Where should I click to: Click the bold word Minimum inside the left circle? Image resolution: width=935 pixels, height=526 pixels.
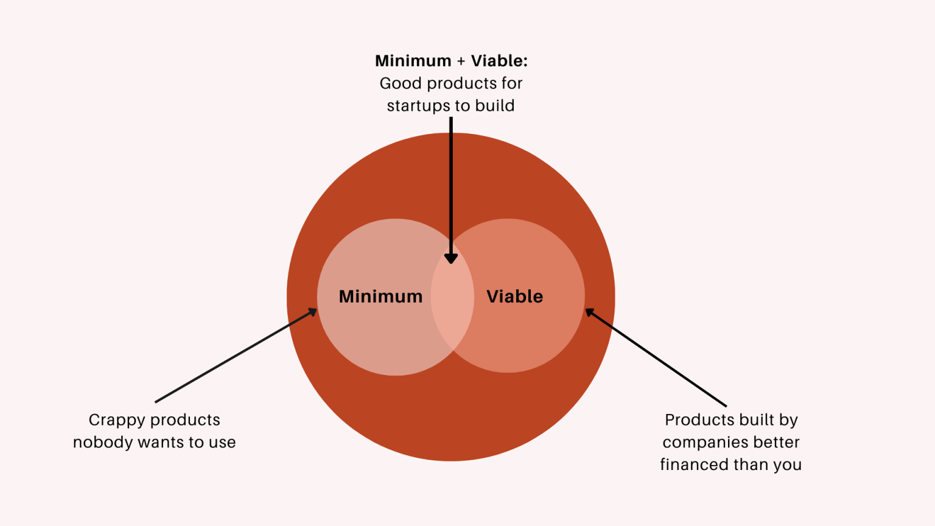point(380,296)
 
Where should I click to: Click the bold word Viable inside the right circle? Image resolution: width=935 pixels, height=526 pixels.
point(514,296)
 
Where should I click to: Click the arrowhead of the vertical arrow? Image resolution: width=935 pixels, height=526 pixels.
point(451,258)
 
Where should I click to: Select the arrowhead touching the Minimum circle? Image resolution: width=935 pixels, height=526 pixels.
point(312,312)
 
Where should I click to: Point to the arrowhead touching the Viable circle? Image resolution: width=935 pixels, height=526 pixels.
point(590,313)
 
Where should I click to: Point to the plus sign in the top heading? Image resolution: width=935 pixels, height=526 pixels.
point(461,61)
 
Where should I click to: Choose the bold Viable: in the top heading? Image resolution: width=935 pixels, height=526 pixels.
point(499,61)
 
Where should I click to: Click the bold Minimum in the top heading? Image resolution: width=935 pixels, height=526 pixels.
point(413,61)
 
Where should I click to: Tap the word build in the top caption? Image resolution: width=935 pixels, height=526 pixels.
point(495,106)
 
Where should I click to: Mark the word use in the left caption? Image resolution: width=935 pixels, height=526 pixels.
point(222,443)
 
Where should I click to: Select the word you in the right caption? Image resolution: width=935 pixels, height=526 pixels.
point(787,465)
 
